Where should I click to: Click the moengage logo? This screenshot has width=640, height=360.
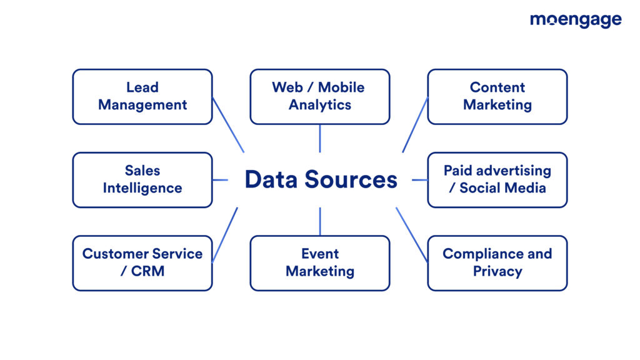tap(575, 20)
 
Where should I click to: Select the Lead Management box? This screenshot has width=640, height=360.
tap(142, 96)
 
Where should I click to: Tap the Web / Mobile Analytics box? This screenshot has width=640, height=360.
tap(319, 96)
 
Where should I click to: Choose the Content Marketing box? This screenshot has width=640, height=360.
tap(497, 96)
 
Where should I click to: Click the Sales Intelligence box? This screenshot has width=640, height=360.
tap(142, 179)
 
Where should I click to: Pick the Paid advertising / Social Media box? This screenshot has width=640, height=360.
tap(497, 179)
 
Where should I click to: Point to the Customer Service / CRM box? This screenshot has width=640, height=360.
tap(142, 262)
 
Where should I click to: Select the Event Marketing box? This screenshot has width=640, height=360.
tap(319, 262)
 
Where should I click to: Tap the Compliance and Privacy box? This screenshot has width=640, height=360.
tap(497, 262)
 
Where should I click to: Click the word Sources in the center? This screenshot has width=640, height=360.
tap(351, 180)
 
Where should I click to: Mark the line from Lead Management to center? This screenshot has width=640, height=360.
tap(228, 124)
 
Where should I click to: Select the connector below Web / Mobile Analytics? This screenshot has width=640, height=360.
tap(319, 138)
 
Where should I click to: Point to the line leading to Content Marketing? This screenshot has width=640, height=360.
tap(415, 124)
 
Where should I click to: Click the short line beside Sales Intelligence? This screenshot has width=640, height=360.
tap(220, 180)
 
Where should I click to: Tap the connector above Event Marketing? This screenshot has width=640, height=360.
tap(319, 221)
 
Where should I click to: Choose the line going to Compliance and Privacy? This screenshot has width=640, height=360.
tap(412, 234)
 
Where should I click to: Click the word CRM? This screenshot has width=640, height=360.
tap(148, 271)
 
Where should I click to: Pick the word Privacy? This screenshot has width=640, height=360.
tap(497, 271)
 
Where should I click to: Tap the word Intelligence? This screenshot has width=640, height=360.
tap(142, 188)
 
